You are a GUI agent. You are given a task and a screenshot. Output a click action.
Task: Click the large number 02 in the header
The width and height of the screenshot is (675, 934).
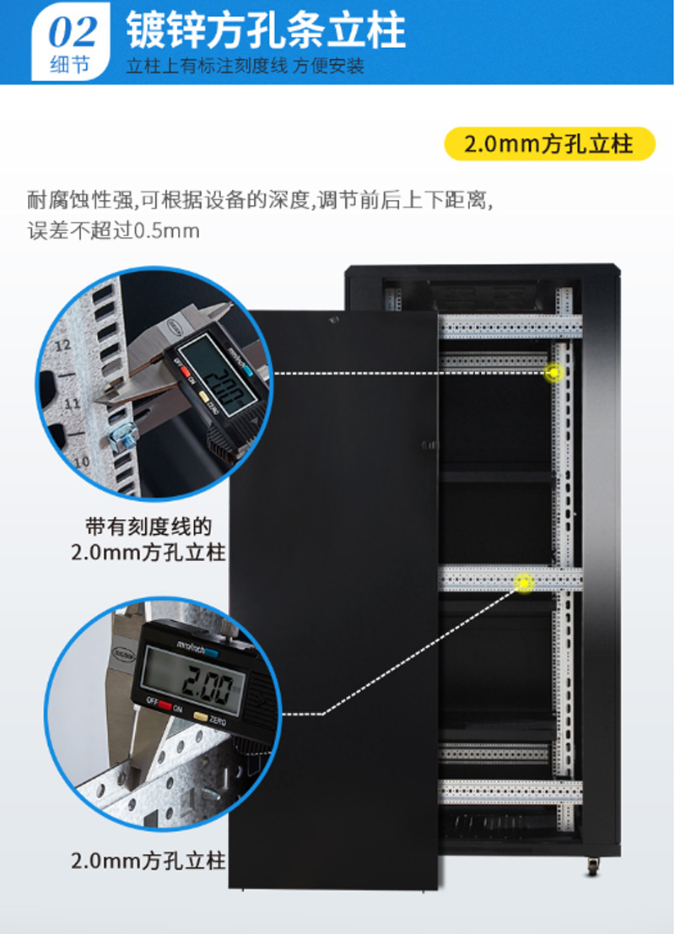point(72,32)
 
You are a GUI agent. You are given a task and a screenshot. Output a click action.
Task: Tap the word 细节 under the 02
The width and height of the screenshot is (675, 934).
point(70,65)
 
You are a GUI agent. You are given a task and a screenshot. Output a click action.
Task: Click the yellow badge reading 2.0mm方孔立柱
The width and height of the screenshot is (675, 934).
point(549,144)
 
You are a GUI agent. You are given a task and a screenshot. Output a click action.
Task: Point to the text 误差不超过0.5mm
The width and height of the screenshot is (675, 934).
point(113,230)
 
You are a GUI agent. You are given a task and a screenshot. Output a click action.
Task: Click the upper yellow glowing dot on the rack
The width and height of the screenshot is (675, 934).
point(553,373)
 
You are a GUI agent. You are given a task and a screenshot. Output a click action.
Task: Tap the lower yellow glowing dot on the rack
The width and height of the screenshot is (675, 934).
point(524,582)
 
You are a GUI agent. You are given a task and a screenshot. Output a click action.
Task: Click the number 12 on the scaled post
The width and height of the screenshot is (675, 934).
point(62,345)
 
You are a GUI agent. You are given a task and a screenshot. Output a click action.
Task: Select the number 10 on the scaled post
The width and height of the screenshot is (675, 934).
point(82,462)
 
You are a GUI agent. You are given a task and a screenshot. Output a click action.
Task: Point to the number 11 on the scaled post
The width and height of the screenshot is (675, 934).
point(72,404)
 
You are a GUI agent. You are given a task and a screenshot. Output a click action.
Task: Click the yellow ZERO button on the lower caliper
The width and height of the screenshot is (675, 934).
point(201,717)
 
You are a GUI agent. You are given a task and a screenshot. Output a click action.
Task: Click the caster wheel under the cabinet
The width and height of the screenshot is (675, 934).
point(593,867)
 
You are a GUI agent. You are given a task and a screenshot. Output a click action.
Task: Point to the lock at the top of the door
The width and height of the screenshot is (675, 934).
point(333,320)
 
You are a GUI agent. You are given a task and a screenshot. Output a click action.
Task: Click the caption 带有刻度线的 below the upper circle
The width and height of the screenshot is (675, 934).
point(148,526)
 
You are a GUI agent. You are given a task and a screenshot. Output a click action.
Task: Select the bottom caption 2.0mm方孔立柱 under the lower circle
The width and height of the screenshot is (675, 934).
point(148,861)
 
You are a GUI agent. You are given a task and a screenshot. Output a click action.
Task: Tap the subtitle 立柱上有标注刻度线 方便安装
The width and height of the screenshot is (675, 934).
point(245,66)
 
